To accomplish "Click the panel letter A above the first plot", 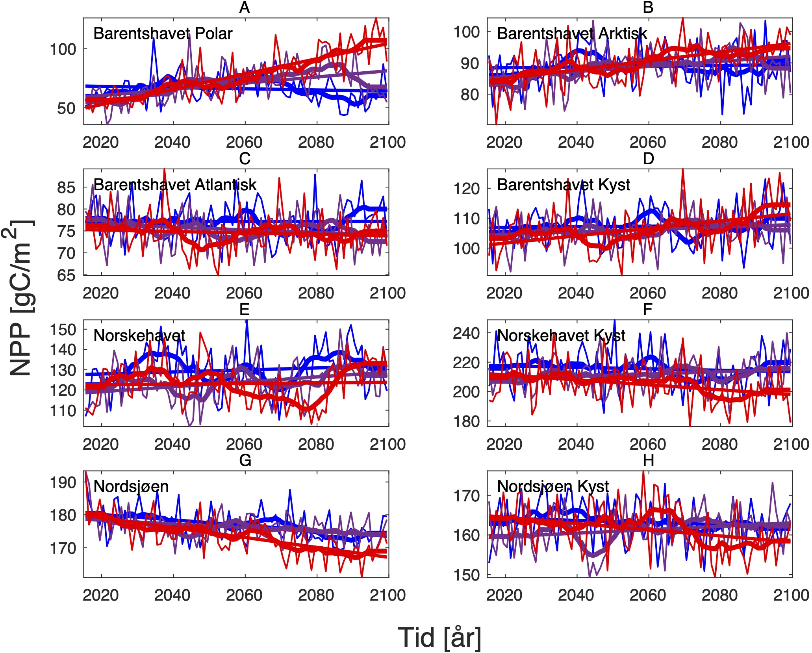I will coord(245,7).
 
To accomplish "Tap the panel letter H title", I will coord(648,460).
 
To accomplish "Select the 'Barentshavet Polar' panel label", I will coord(163,33).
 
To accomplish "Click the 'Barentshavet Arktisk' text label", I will coord(572,33).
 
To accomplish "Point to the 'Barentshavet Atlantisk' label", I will coord(175,185).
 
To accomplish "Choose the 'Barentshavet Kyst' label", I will coord(564,185).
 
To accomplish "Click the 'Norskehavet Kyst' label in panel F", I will coord(561,336).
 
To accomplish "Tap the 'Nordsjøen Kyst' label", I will coord(553,486).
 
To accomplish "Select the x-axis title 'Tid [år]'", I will coord(439,638).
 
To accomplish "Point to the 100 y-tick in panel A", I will coord(63,50).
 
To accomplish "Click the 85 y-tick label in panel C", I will coord(66,187).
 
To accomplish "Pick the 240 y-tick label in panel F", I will coord(466,333).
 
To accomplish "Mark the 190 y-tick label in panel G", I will coord(63,482).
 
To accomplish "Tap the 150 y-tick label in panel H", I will coord(466,575).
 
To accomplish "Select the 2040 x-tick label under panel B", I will coord(576,142).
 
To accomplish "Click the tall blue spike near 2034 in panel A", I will coord(153,39).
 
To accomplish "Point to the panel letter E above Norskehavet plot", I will coord(245,310).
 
